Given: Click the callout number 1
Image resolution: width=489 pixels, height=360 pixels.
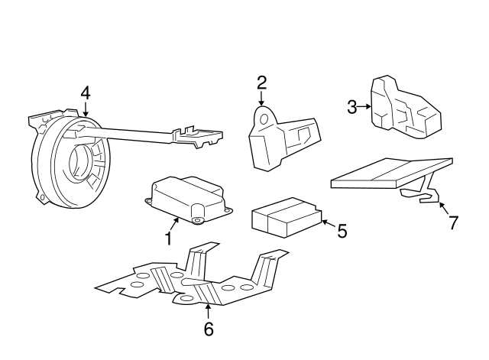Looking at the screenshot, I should (x=168, y=238).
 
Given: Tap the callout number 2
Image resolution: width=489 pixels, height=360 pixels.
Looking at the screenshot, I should (x=261, y=83).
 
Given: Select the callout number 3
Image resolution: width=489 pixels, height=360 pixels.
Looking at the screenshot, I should (x=351, y=107).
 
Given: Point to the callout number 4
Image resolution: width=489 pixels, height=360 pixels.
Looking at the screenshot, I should (x=85, y=92).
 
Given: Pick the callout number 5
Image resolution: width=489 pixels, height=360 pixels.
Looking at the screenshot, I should (x=342, y=229).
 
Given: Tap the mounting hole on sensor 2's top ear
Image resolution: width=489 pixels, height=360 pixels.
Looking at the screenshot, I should (x=264, y=118).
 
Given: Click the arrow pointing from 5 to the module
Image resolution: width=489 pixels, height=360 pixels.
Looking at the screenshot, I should (x=327, y=223).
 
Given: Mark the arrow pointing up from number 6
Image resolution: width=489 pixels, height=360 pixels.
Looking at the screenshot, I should (x=208, y=310).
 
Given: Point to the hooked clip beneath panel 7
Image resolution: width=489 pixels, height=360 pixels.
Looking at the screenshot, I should (x=429, y=195).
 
